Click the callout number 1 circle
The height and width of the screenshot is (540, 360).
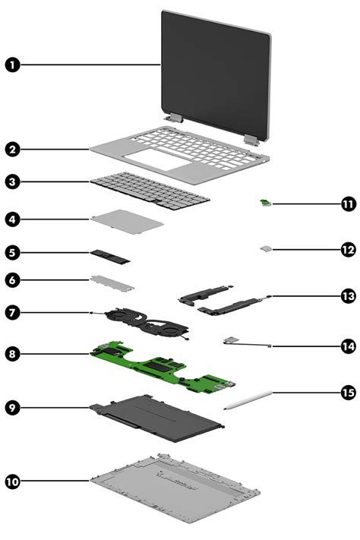13,65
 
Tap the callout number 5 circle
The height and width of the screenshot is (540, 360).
13,251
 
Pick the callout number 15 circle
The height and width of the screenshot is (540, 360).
348,393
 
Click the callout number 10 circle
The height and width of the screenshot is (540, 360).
13,482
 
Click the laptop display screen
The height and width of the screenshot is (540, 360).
215,68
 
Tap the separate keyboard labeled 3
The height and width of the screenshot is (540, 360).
150,190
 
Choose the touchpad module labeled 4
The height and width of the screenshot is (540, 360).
128,222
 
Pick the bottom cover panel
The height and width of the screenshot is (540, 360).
175,487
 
